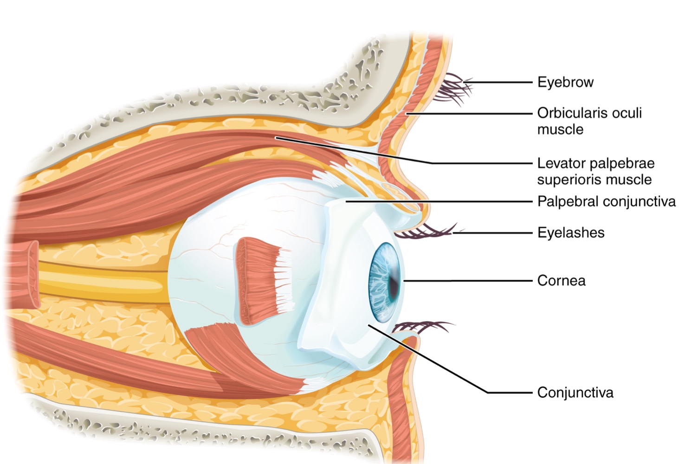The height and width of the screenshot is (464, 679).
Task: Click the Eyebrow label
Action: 565,82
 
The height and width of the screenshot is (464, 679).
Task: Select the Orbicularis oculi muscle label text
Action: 589,121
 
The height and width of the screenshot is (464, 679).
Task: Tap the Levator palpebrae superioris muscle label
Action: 595,171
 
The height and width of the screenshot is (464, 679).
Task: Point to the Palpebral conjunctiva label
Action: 606,201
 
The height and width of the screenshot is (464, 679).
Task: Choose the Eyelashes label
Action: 570,232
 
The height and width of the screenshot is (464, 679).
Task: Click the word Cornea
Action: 561,281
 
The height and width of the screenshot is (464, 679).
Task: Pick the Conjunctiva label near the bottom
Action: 575,393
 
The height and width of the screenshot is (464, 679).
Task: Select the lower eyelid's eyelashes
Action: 420,327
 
